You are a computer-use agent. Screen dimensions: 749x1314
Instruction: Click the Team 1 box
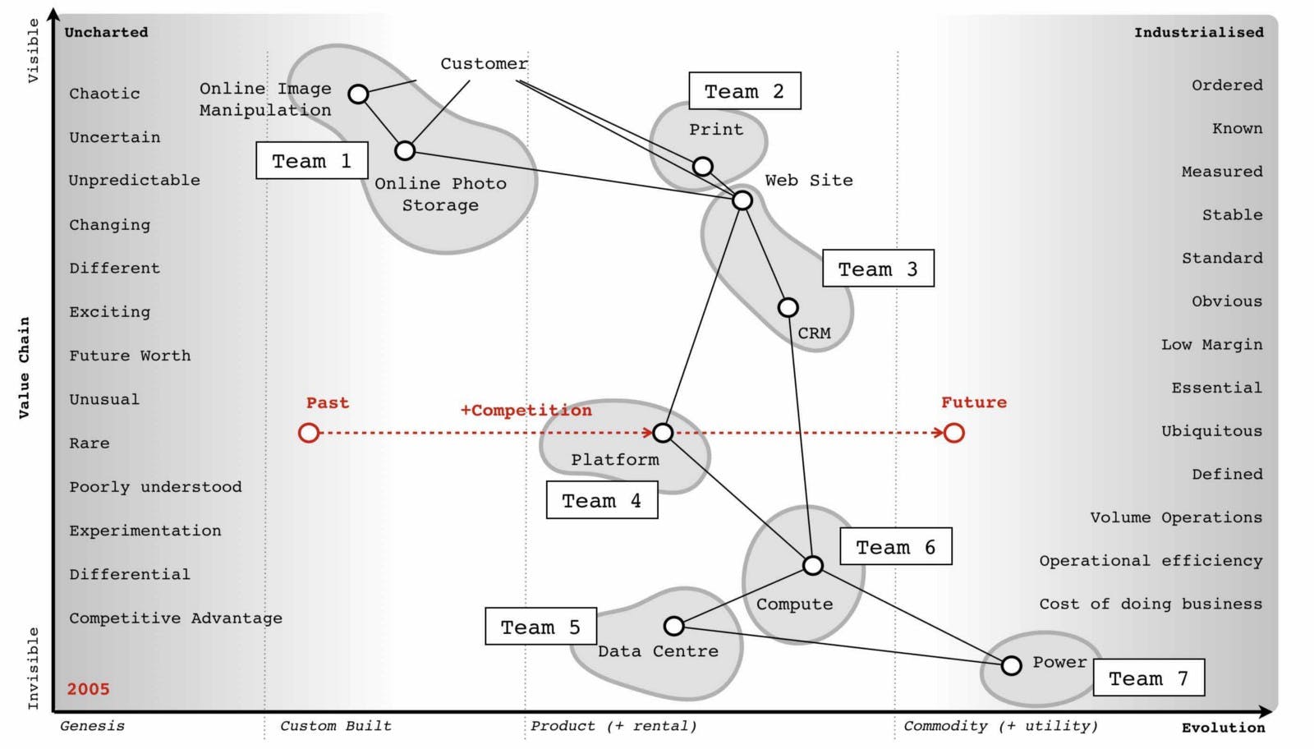click(312, 161)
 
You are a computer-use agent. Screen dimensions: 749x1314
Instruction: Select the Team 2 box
click(744, 91)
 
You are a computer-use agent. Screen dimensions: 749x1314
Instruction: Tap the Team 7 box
click(1148, 678)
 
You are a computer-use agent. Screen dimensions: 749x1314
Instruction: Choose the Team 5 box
click(540, 627)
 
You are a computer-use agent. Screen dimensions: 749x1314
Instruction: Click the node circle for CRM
click(788, 308)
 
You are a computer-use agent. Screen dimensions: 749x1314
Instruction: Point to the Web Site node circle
click(742, 200)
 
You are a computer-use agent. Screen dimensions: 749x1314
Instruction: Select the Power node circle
click(1011, 665)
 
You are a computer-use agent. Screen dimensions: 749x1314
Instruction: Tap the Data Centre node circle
click(673, 627)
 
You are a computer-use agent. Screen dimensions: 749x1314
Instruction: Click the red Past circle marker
click(309, 433)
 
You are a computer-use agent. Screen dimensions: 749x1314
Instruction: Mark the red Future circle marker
click(953, 433)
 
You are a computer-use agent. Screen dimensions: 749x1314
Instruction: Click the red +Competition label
click(526, 410)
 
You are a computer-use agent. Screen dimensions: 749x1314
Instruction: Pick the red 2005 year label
click(88, 689)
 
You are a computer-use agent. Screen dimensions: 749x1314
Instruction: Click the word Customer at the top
click(484, 64)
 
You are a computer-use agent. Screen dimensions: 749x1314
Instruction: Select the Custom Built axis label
click(335, 726)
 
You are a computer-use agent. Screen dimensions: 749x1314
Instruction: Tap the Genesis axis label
click(92, 726)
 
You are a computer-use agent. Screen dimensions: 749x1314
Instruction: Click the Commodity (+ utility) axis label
click(1000, 726)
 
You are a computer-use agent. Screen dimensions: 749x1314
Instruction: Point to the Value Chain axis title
click(24, 368)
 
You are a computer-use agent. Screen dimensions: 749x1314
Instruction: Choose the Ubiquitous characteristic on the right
click(1211, 431)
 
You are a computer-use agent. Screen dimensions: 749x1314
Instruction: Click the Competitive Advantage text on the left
click(175, 618)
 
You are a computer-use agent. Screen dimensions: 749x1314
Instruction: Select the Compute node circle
click(812, 565)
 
